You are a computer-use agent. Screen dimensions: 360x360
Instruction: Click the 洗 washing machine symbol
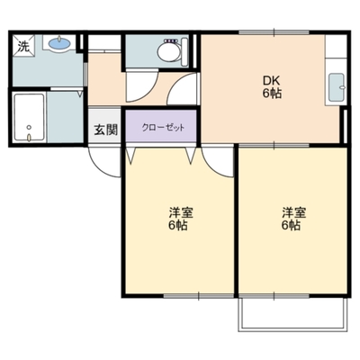[23, 46]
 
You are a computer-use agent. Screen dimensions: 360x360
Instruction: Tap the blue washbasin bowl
[59, 43]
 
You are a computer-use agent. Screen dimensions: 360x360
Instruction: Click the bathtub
[30, 118]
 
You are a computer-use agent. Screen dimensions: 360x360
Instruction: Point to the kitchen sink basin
[337, 87]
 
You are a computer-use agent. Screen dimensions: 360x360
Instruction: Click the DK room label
[272, 80]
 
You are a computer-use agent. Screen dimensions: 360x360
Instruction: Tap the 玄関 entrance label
[106, 130]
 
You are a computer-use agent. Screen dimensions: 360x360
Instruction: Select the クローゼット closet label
[163, 128]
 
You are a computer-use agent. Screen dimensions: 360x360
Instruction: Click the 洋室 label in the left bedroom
[181, 212]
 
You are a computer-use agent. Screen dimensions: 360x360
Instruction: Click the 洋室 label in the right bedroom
[294, 212]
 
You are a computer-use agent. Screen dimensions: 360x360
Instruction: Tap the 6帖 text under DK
[273, 94]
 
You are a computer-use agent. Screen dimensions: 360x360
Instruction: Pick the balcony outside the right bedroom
[293, 314]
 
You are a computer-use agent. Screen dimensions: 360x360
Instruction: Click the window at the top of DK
[274, 32]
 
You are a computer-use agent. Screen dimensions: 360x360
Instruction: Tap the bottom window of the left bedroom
[199, 296]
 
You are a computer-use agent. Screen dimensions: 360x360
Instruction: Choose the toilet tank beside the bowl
[184, 52]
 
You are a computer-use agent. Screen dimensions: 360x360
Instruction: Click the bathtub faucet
[29, 138]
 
